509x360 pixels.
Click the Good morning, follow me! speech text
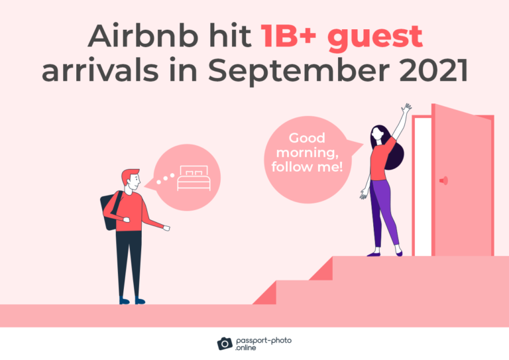point(307,153)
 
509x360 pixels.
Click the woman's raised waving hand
point(406,107)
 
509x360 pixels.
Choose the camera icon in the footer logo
point(225,343)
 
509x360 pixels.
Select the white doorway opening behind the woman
point(422,192)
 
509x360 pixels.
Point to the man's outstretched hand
point(166,228)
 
